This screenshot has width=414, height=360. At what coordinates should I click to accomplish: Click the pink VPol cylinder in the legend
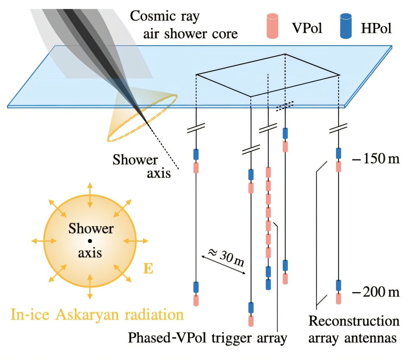pos(273,26)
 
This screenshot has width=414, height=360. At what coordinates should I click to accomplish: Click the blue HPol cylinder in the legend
pos(346,26)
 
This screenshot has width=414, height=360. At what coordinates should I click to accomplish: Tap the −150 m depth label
pos(376,158)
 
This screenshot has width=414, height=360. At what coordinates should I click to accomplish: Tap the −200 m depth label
pos(376,292)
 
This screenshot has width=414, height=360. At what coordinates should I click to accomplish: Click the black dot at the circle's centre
pos(90,241)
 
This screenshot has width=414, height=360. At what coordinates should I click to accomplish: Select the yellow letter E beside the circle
pos(148,269)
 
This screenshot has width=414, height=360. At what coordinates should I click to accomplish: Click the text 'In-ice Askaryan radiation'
pos(97,314)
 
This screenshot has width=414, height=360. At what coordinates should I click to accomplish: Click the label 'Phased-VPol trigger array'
pos(207,338)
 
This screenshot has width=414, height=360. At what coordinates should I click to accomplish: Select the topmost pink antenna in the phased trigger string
pos(268,172)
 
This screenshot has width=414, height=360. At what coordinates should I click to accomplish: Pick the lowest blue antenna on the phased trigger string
pos(268,284)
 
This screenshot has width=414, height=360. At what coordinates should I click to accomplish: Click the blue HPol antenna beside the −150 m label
pos(338,153)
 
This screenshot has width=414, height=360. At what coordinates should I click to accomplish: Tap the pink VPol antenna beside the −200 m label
pos(338,299)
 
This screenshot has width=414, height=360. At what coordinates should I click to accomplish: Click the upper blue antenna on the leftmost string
pos(196,154)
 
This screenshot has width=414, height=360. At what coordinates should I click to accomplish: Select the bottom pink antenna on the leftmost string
pos(196,300)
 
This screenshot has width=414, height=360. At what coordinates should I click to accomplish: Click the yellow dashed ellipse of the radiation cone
pos(142,118)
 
